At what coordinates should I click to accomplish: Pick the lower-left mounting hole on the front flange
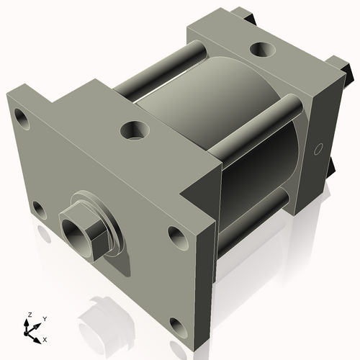pos(38,211)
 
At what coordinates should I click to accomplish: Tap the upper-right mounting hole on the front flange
pos(176,235)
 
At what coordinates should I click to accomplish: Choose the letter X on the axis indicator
pos(45,338)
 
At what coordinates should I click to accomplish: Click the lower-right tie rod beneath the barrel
pos(256,216)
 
